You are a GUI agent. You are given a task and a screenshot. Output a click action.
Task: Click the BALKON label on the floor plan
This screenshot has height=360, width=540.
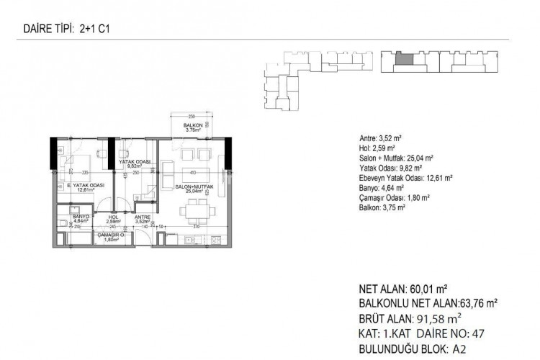[x=192, y=125]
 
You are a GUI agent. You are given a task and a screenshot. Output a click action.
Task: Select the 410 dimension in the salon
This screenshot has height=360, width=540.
[x=192, y=173]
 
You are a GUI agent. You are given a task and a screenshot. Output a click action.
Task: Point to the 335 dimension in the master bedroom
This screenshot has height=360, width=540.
[x=84, y=173]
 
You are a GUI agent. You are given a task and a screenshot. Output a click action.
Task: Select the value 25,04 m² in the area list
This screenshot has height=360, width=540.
[x=418, y=158]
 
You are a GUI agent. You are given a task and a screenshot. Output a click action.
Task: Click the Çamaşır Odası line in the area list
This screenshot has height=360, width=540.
[x=394, y=197]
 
